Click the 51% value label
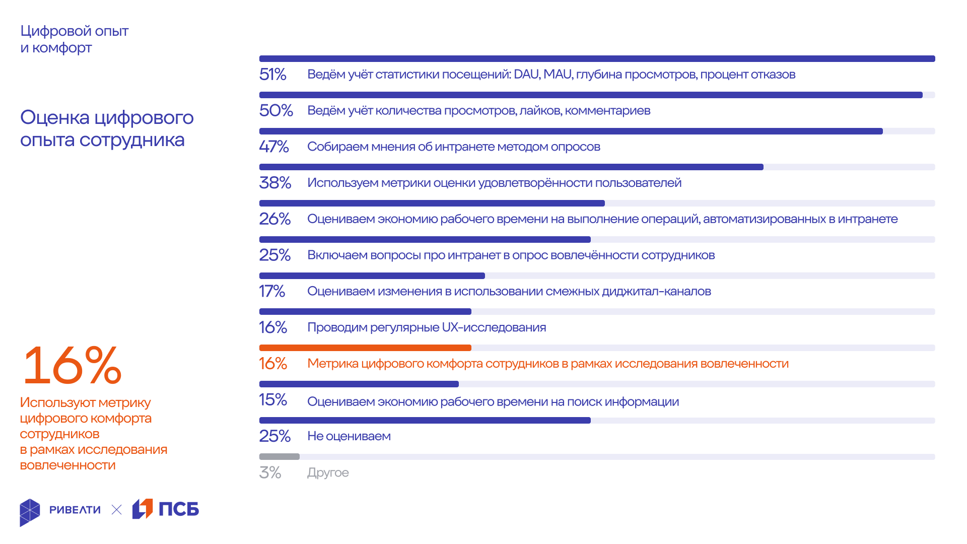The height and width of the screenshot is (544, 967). tap(272, 75)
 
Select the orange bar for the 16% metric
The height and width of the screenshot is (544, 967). tap(365, 348)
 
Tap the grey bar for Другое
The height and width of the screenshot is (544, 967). tap(279, 457)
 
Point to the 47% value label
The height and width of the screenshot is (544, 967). tap(273, 147)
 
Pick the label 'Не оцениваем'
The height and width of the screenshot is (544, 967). tap(349, 436)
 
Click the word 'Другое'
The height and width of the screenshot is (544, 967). tap(328, 472)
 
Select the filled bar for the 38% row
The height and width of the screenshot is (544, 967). tap(511, 167)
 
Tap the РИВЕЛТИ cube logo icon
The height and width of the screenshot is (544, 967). tap(30, 512)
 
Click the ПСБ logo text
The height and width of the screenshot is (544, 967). tap(179, 509)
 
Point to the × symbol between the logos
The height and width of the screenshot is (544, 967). tap(116, 510)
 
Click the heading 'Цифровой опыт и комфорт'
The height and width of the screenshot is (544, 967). tap(74, 39)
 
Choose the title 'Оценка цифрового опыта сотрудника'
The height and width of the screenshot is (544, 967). tap(107, 128)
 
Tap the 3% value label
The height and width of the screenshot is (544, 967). tap(270, 472)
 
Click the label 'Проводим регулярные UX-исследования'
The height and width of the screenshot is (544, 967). tap(427, 327)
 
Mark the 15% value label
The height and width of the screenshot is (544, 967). tap(272, 400)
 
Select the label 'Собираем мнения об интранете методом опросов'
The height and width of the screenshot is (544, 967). tap(453, 147)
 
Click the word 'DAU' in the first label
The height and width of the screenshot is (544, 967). tap(526, 75)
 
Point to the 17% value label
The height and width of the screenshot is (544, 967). tap(271, 291)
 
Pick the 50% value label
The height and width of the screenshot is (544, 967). tap(275, 110)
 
